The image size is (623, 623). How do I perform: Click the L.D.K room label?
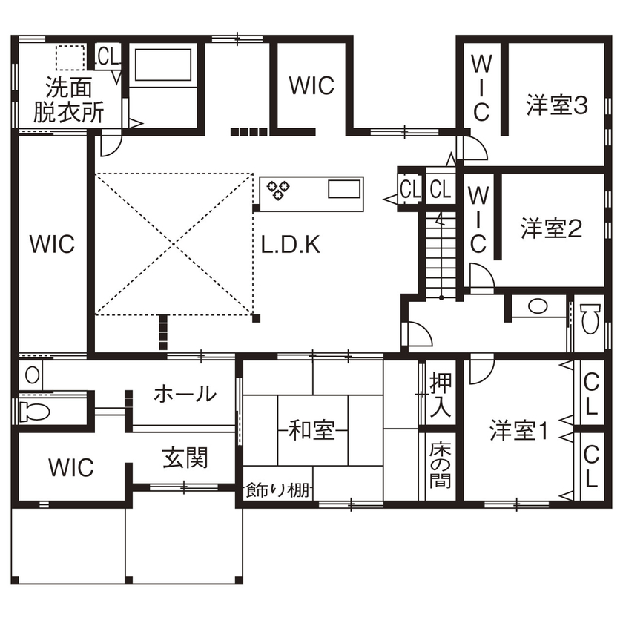291,245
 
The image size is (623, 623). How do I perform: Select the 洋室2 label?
550,228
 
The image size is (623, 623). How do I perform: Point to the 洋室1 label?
518,430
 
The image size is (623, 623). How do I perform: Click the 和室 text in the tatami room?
311,429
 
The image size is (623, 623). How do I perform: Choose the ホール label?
185,394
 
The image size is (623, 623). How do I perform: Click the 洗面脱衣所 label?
68,100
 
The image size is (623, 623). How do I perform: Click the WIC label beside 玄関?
71,467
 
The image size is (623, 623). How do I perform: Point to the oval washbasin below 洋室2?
537,306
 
